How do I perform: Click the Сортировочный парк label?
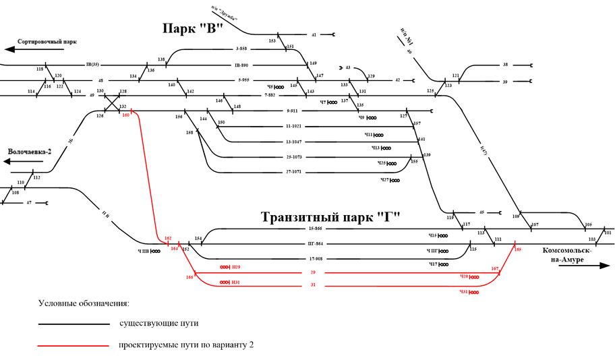coord(47,41)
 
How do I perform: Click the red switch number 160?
coord(126,115)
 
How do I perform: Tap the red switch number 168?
coord(518,249)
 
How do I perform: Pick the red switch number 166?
coord(189,277)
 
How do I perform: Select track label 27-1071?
coord(294,173)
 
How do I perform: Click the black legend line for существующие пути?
coord(74,324)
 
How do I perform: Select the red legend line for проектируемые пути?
coord(74,345)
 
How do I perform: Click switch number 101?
coord(608,233)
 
